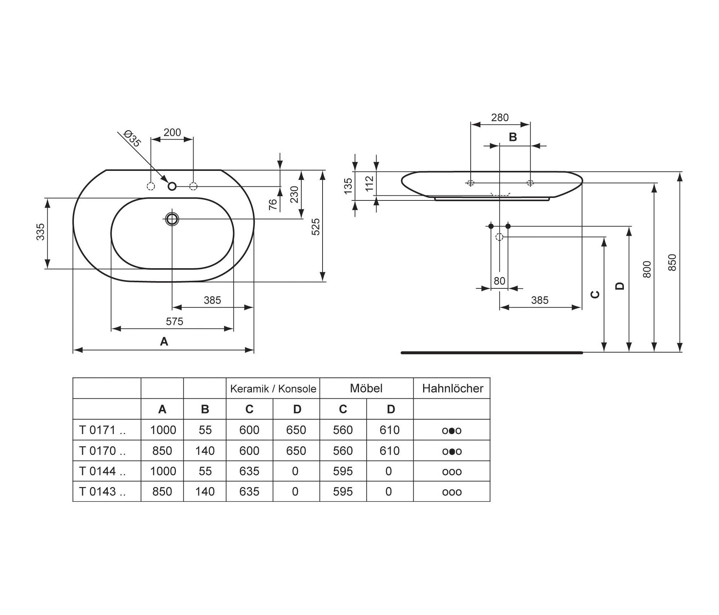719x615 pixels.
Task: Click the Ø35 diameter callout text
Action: pos(132,138)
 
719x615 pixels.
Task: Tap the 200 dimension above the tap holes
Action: pos(172,132)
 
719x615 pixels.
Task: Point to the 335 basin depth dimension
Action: pos(41,232)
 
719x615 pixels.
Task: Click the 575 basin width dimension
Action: pos(174,321)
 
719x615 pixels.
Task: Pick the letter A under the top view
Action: pos(164,341)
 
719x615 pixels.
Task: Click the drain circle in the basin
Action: pos(172,219)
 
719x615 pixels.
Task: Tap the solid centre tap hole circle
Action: pos(172,186)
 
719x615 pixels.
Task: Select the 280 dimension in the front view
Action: pos(500,118)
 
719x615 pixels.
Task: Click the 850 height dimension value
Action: pos(672,262)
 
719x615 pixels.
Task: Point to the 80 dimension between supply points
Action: pos(500,280)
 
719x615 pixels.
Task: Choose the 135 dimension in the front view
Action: pos(348,186)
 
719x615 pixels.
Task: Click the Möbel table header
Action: pos(366,388)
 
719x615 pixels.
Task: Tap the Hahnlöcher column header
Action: pos(453,388)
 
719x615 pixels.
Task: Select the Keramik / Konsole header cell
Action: pos(273,389)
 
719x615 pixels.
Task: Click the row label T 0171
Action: pos(102,430)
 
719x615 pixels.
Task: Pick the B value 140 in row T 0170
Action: pos(205,451)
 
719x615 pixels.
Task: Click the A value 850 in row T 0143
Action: pos(162,491)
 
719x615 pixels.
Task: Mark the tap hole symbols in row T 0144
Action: pos(452,472)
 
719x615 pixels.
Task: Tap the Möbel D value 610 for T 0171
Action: pos(390,430)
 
